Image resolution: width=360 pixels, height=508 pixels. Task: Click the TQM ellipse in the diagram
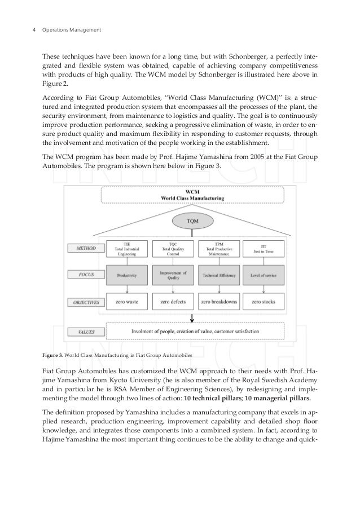(x=193, y=220)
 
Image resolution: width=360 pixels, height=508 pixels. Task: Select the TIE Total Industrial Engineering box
(x=126, y=249)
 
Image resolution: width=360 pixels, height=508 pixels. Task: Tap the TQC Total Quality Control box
(x=173, y=249)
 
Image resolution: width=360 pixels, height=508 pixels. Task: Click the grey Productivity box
(x=126, y=276)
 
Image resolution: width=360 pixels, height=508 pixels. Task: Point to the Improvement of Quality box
(x=173, y=276)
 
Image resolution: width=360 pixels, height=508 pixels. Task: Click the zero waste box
(x=126, y=302)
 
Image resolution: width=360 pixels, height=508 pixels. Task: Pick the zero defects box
(x=173, y=302)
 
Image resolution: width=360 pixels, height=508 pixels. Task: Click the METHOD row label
(x=84, y=248)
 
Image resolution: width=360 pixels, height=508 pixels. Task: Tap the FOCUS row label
(x=84, y=275)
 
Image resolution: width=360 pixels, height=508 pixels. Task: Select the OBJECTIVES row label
(x=84, y=302)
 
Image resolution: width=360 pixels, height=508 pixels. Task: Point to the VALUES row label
(x=84, y=332)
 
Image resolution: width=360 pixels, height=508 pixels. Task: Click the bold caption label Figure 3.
(x=53, y=356)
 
